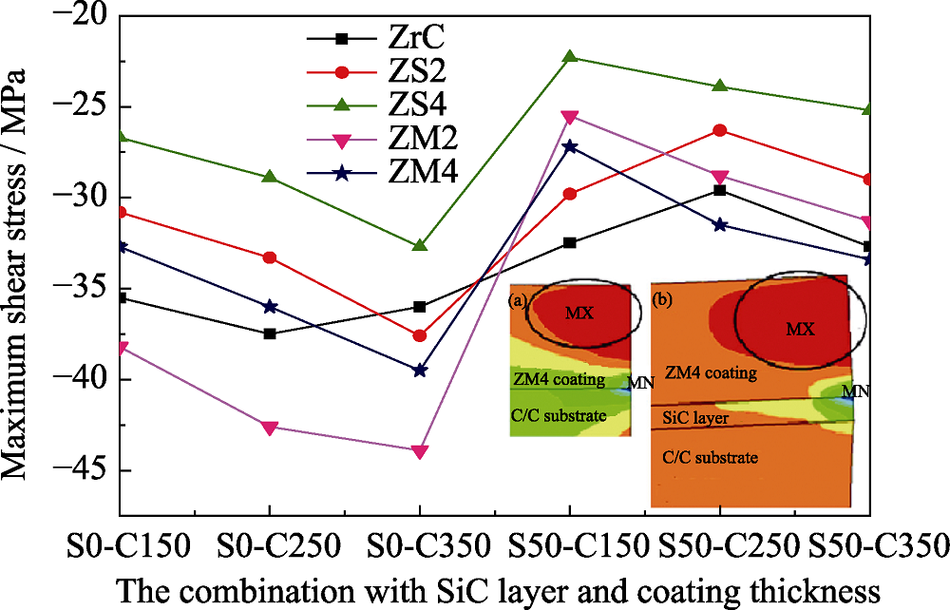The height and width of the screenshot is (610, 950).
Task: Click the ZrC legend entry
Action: tap(375, 38)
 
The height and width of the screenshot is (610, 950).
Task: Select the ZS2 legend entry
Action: tap(376, 72)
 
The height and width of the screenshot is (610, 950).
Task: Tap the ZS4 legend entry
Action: tap(376, 105)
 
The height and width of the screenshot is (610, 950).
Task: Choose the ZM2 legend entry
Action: tap(382, 140)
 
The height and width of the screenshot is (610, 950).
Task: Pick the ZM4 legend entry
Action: tap(382, 173)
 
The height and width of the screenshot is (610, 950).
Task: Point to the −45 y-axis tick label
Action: tap(82, 470)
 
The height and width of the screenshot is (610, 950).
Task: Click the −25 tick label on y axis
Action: tap(82, 106)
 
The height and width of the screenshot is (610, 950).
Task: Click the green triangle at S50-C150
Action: tap(569, 56)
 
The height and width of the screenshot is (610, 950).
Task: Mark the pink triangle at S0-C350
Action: tap(420, 452)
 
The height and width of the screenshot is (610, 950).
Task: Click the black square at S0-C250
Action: tap(270, 334)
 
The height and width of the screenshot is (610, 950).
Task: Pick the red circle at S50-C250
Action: tap(720, 130)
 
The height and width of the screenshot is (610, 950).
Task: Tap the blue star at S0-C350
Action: tap(420, 371)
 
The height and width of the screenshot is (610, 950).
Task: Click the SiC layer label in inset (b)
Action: tap(695, 417)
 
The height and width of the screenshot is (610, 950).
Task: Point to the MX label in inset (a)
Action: tap(579, 313)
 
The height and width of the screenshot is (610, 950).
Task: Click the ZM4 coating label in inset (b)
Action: tap(712, 372)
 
